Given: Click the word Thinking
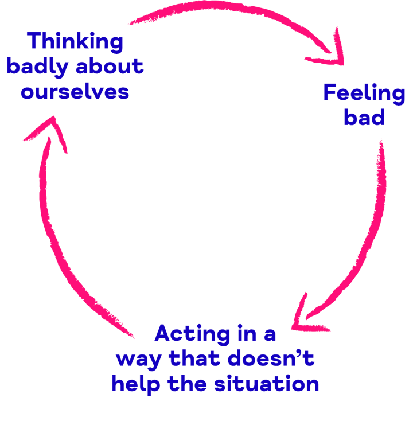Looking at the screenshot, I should click(x=75, y=42).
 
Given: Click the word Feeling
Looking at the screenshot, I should click(x=364, y=93).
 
